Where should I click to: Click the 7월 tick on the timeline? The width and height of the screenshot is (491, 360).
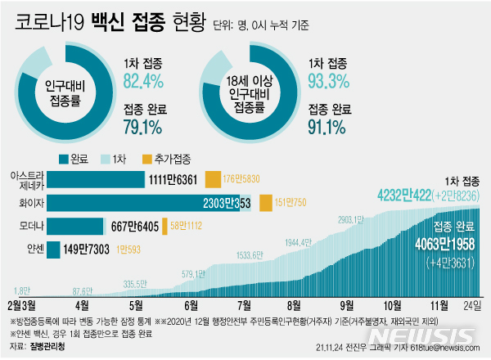pyautogui.click(x=242, y=305)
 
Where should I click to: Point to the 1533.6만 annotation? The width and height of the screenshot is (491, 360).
pyautogui.click(x=250, y=255)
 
